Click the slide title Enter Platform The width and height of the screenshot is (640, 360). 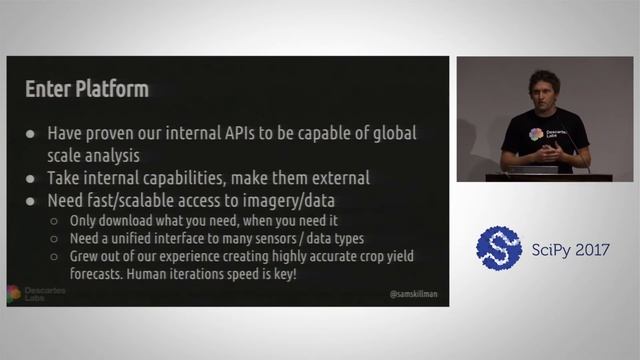tap(87, 89)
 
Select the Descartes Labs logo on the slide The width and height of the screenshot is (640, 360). tap(30, 291)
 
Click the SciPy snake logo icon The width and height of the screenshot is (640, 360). tap(499, 249)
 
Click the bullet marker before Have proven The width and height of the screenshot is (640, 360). tap(31, 133)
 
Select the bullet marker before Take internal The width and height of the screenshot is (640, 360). tap(31, 178)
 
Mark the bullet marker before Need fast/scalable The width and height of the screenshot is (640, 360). tap(31, 200)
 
